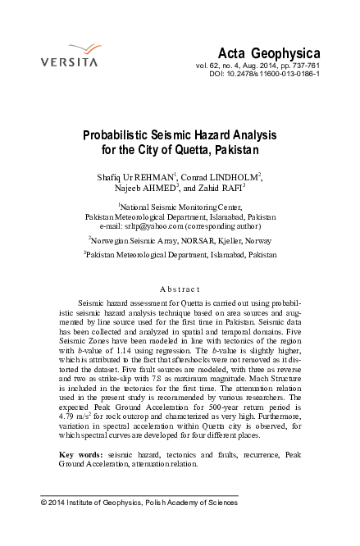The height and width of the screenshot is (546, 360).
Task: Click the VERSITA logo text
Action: (x=70, y=62)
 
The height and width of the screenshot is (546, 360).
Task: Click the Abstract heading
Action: (x=180, y=289)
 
